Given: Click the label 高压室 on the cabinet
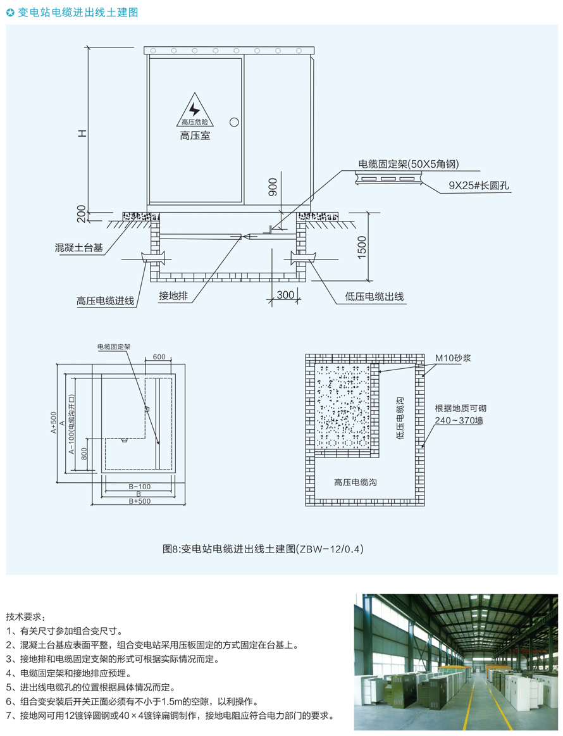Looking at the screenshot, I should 195,135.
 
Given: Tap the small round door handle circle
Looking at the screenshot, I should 234,122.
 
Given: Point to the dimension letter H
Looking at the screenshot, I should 82,134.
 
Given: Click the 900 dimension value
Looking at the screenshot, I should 273,186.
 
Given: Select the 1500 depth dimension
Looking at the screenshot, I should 362,247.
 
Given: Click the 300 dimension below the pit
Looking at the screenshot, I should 286,294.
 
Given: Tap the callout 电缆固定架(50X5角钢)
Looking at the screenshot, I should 408,165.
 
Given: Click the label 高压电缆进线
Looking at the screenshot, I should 106,301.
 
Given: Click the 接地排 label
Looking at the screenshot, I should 171,296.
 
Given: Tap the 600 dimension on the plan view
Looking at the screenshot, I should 159,357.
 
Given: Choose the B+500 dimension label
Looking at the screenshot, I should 139,501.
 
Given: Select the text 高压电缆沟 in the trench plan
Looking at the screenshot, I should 356,482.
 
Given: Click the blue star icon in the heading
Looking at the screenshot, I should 10,12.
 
